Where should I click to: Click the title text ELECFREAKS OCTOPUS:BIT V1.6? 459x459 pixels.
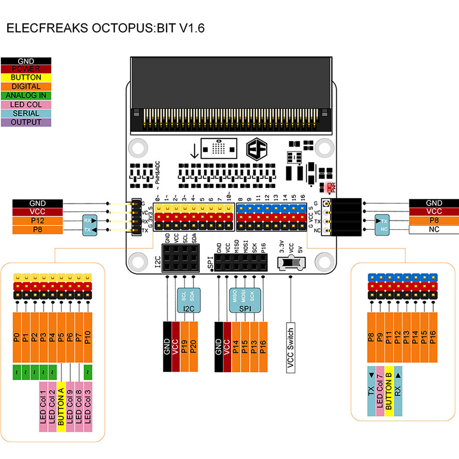point(105,28)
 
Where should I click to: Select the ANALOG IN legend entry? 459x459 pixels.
point(26,95)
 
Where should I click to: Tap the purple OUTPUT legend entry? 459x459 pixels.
point(26,122)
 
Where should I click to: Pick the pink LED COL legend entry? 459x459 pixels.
point(26,104)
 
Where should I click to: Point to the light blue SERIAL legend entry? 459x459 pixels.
point(26,113)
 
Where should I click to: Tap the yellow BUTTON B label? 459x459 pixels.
point(389,391)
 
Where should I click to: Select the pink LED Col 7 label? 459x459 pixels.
point(380,391)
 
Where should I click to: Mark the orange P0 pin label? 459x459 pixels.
point(17,338)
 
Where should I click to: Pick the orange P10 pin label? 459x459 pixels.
point(88,338)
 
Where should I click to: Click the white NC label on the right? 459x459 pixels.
point(434,229)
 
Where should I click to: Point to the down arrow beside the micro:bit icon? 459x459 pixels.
point(194,150)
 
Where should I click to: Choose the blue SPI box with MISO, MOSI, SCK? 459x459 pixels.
point(245,298)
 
